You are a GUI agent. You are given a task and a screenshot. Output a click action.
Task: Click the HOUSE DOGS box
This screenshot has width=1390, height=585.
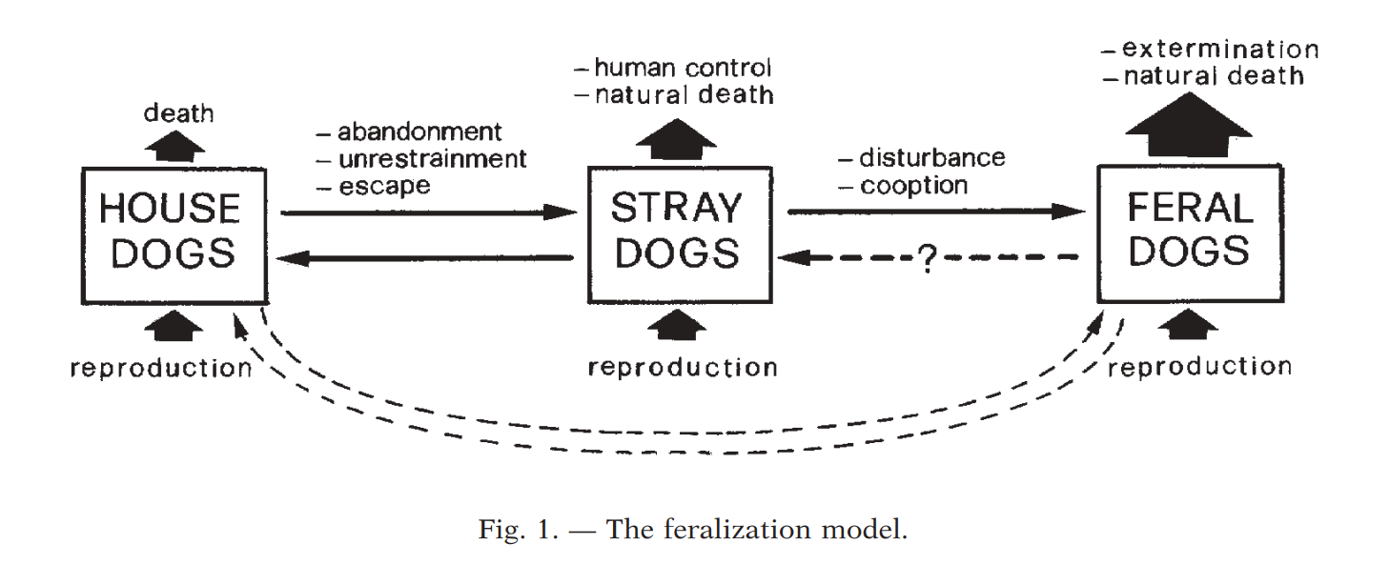coord(173,235)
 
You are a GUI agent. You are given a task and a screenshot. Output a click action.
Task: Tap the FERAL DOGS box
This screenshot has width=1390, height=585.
coord(1190,233)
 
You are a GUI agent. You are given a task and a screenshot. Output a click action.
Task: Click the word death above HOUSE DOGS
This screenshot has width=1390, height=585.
coord(178,114)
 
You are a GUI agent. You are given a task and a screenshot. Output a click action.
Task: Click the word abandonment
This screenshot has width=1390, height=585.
coord(419,132)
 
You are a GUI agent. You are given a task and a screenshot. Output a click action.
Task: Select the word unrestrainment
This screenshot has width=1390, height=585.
coord(432,159)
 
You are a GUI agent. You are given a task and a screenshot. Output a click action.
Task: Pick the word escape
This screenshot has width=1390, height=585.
coord(384,186)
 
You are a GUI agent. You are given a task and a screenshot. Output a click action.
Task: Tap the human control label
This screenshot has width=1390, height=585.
coord(682,68)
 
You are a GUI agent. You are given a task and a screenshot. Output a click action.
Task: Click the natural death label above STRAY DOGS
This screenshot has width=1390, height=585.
coord(684,95)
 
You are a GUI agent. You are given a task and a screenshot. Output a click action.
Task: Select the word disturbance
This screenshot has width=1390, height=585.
coord(931,158)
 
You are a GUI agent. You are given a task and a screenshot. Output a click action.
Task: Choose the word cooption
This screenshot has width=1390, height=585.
coord(913,185)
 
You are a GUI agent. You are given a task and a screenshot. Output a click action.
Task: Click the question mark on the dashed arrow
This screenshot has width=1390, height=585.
coord(925,259)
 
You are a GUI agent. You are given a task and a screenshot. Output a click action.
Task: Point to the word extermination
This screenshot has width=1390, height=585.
coord(1220,49)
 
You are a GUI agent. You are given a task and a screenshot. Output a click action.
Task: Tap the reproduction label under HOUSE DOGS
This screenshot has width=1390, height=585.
coord(161,368)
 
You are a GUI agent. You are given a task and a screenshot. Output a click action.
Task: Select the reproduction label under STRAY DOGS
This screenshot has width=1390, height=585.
coord(683,368)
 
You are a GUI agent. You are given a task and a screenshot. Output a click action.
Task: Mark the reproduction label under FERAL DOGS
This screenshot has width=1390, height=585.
coord(1199,367)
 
